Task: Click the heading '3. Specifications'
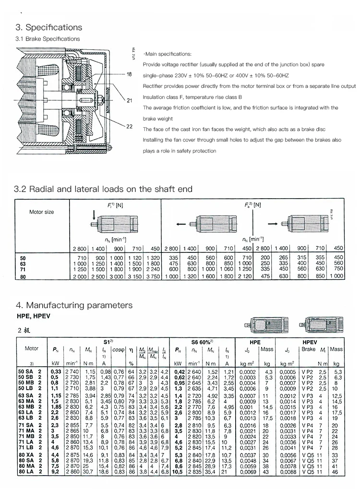point(49,27)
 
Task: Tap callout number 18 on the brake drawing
point(129,74)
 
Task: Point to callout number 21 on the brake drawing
point(129,101)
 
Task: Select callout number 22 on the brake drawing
point(129,127)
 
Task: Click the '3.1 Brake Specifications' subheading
point(48,39)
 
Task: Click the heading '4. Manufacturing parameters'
point(74,305)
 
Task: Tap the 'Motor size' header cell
point(42,212)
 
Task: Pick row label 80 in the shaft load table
point(23,277)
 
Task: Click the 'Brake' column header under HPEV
point(309,349)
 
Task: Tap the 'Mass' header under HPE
point(266,349)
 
